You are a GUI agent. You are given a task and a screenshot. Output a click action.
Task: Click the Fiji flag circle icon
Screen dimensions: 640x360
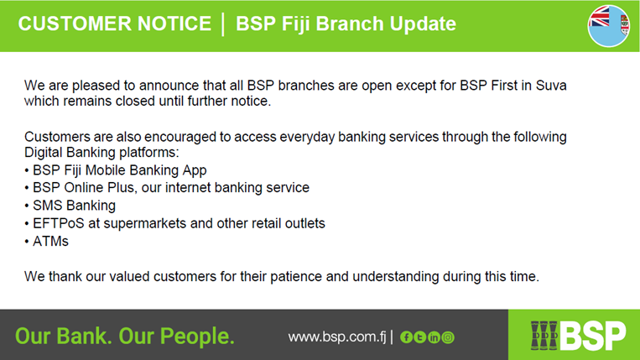coord(609,26)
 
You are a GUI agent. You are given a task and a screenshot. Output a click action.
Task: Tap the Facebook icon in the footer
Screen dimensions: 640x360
coord(406,337)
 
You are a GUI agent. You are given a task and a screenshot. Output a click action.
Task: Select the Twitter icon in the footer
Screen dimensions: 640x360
coord(420,337)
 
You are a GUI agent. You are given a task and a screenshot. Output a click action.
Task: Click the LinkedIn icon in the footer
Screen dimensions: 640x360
coord(434,337)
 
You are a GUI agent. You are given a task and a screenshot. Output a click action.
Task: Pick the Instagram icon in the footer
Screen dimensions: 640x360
coord(448,337)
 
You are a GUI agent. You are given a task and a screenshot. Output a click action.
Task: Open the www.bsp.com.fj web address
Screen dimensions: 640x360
coord(336,337)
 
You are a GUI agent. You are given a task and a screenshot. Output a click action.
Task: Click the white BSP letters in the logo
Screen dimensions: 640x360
coord(593,336)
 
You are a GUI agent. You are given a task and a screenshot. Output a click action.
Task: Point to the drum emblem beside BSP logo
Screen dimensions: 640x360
coord(544,336)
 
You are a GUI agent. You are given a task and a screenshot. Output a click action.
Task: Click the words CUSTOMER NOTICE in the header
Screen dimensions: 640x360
coord(115,23)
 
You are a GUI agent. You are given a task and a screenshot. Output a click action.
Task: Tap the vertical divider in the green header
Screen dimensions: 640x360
coord(223,24)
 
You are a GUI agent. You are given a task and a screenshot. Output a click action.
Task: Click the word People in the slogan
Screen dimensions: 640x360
coord(197,337)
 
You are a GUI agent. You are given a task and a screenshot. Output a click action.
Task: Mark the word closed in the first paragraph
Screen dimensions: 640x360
coord(136,101)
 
